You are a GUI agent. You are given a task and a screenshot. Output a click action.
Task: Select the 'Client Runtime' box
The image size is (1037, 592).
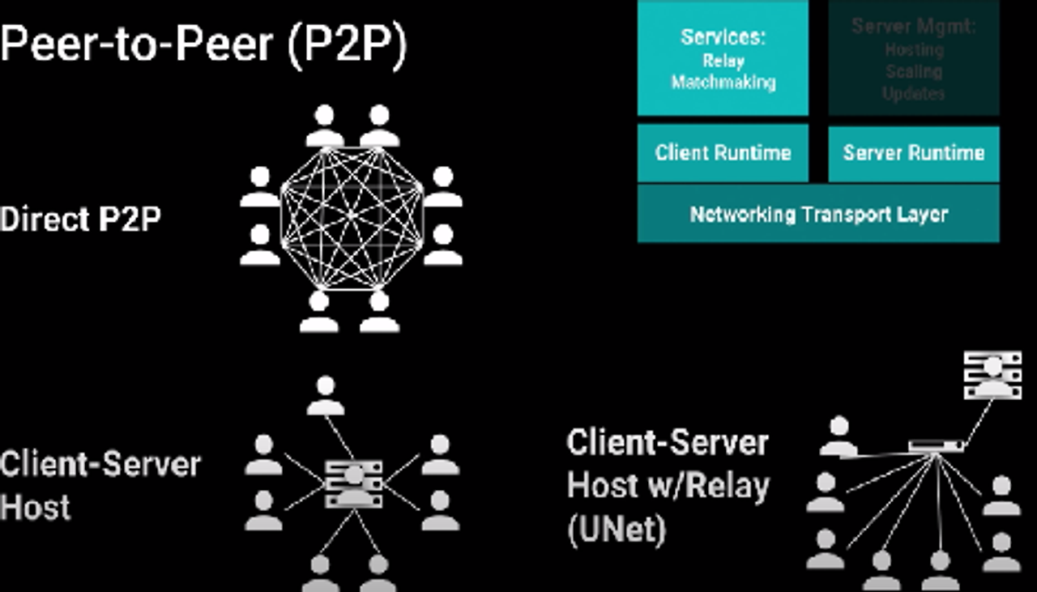coord(723,153)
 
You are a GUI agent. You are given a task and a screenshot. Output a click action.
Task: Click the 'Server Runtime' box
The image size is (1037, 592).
coord(914,153)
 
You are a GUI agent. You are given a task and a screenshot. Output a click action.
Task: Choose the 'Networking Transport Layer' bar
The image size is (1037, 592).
coord(818,215)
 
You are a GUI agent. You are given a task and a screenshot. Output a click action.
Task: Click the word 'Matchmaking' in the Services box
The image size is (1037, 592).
coord(723,83)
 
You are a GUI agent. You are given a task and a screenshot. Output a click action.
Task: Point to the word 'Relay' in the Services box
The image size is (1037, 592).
coord(723,61)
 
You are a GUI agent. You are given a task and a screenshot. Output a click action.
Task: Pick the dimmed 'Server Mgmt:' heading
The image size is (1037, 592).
coord(914,27)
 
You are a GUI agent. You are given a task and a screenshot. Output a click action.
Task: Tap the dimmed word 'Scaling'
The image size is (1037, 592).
coord(914,71)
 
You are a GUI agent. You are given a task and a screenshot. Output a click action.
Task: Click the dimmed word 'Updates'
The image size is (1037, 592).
coord(914,93)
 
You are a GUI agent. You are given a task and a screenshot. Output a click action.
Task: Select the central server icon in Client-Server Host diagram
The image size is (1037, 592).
coord(353,483)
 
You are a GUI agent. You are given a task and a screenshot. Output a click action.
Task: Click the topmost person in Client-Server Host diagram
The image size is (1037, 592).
coord(326,395)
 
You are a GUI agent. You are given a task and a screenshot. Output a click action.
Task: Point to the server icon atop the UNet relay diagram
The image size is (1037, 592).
coord(992,374)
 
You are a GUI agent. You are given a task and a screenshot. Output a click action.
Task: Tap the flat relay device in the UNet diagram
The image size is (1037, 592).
coord(937,445)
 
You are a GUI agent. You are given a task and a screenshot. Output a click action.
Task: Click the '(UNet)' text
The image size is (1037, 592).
coord(616,530)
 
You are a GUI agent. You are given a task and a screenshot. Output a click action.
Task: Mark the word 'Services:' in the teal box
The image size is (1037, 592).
coord(723,37)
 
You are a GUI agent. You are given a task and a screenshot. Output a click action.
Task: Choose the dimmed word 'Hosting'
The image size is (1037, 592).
coord(914,49)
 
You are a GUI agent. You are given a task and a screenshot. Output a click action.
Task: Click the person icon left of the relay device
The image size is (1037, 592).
coord(839,436)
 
